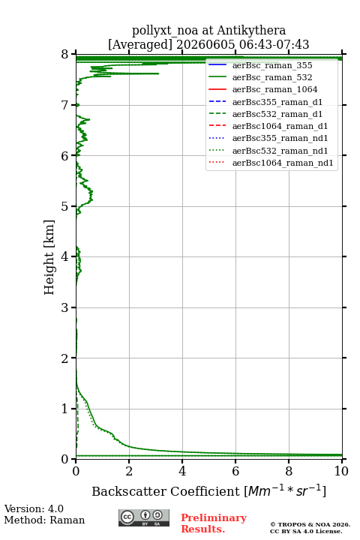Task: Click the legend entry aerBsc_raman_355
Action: pos(272,65)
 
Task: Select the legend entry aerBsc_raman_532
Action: pos(272,77)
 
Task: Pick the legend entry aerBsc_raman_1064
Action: pos(275,89)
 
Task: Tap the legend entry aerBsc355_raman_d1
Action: pos(277,102)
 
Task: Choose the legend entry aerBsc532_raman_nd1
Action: pos(280,151)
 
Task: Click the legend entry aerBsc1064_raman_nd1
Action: pos(283,163)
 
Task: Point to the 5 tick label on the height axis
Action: pos(64,207)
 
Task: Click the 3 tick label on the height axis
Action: pos(64,307)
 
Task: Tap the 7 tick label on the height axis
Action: pos(64,105)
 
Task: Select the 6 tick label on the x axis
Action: pos(235,471)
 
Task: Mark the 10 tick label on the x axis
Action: pos(341,471)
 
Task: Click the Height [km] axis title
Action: pos(49,257)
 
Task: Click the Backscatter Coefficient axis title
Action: pos(208,490)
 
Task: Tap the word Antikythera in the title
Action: pos(251,30)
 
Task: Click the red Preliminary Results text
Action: pos(214,523)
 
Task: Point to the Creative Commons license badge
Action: pos(144,517)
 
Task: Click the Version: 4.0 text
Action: pos(34,508)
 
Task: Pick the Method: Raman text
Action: pos(44,520)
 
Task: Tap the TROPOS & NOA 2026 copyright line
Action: pos(310,524)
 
